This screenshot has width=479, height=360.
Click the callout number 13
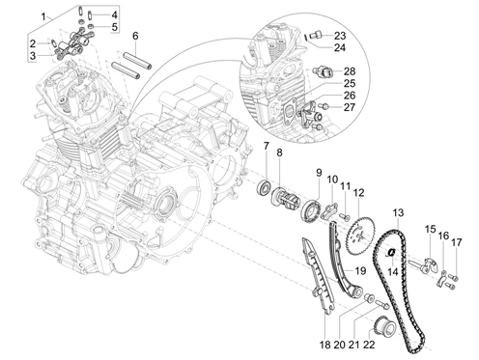click(x=398, y=212)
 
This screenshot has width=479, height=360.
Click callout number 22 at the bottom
click(x=369, y=345)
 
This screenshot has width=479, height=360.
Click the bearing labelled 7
click(x=264, y=187)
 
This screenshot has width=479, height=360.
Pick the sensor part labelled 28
click(x=323, y=71)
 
